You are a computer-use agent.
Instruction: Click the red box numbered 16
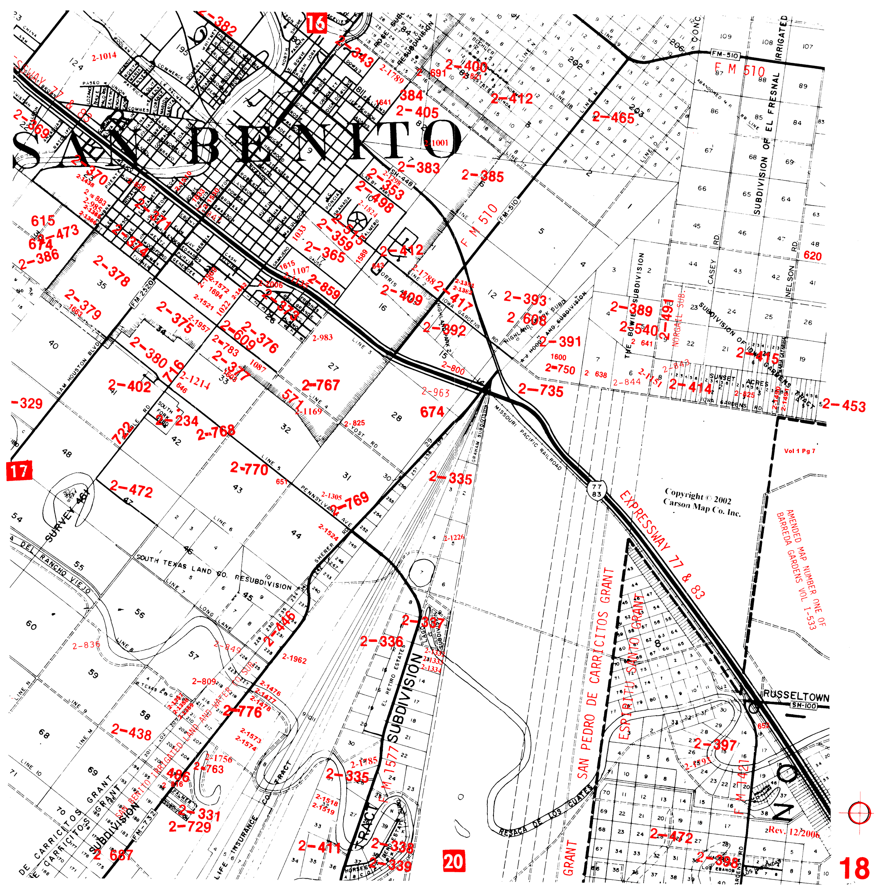click(x=316, y=23)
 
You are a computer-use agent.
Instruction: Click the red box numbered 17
click(x=19, y=472)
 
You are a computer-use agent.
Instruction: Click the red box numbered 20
click(x=453, y=861)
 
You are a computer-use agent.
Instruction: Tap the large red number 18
click(x=854, y=868)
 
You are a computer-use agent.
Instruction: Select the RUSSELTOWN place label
click(x=796, y=696)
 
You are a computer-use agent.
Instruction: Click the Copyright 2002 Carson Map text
click(x=702, y=502)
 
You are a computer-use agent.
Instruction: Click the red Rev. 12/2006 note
click(x=793, y=830)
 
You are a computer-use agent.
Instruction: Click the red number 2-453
click(x=844, y=405)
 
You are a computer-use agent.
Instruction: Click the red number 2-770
click(x=249, y=469)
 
